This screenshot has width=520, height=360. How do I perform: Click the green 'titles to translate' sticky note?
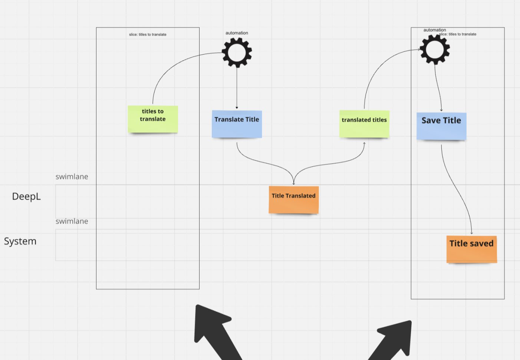pyautogui.click(x=153, y=119)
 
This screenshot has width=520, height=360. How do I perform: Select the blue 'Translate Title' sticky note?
pyautogui.click(x=237, y=124)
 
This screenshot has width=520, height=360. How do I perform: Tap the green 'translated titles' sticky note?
pyautogui.click(x=364, y=124)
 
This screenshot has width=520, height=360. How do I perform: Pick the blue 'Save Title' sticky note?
pyautogui.click(x=441, y=126)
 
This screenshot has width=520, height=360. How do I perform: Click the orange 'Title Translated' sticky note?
pyautogui.click(x=293, y=200)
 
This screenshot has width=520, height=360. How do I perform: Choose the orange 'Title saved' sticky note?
pyautogui.click(x=471, y=249)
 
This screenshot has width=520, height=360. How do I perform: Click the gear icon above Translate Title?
pyautogui.click(x=237, y=52)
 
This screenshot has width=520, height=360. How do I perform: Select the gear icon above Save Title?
pyautogui.click(x=435, y=49)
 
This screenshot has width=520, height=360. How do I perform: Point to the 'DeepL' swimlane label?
pyautogui.click(x=26, y=196)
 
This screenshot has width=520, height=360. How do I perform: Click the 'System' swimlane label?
pyautogui.click(x=20, y=241)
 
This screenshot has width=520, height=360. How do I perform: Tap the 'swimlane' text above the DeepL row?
pyautogui.click(x=72, y=177)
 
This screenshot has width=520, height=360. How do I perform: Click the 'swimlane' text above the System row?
pyautogui.click(x=72, y=221)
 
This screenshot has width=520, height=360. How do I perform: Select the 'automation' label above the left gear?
pyautogui.click(x=237, y=33)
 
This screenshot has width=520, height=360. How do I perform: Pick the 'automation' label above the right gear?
pyautogui.click(x=434, y=30)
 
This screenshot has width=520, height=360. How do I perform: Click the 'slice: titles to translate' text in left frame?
pyautogui.click(x=148, y=35)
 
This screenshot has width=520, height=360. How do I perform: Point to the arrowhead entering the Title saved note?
pyautogui.click(x=472, y=233)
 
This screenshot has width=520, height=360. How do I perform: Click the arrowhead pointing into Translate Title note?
pyautogui.click(x=237, y=108)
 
